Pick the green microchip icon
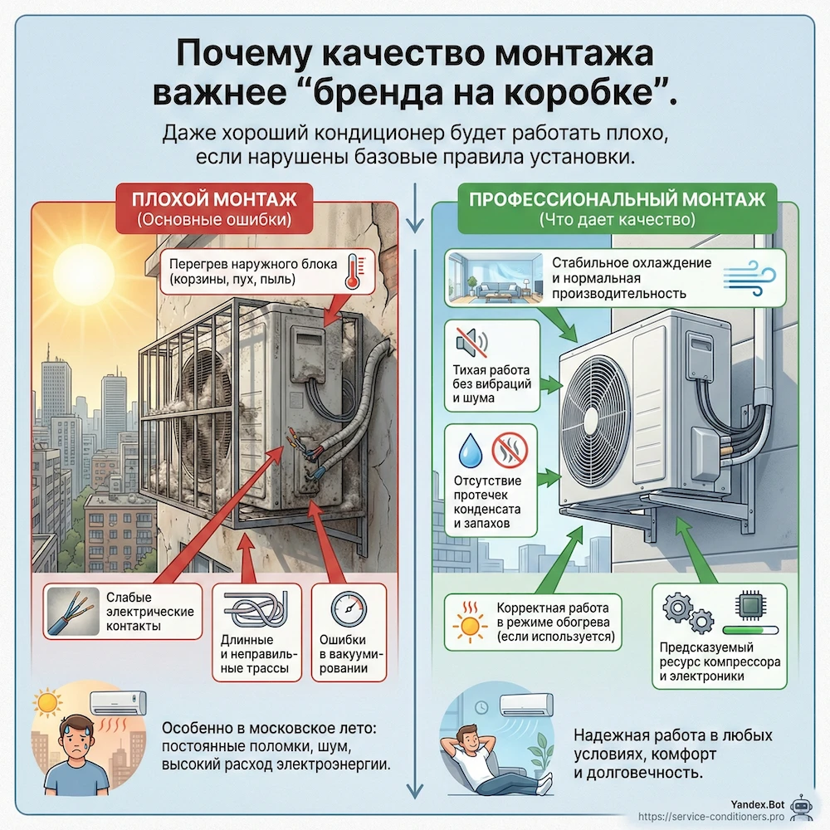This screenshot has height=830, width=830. click(749, 608)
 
